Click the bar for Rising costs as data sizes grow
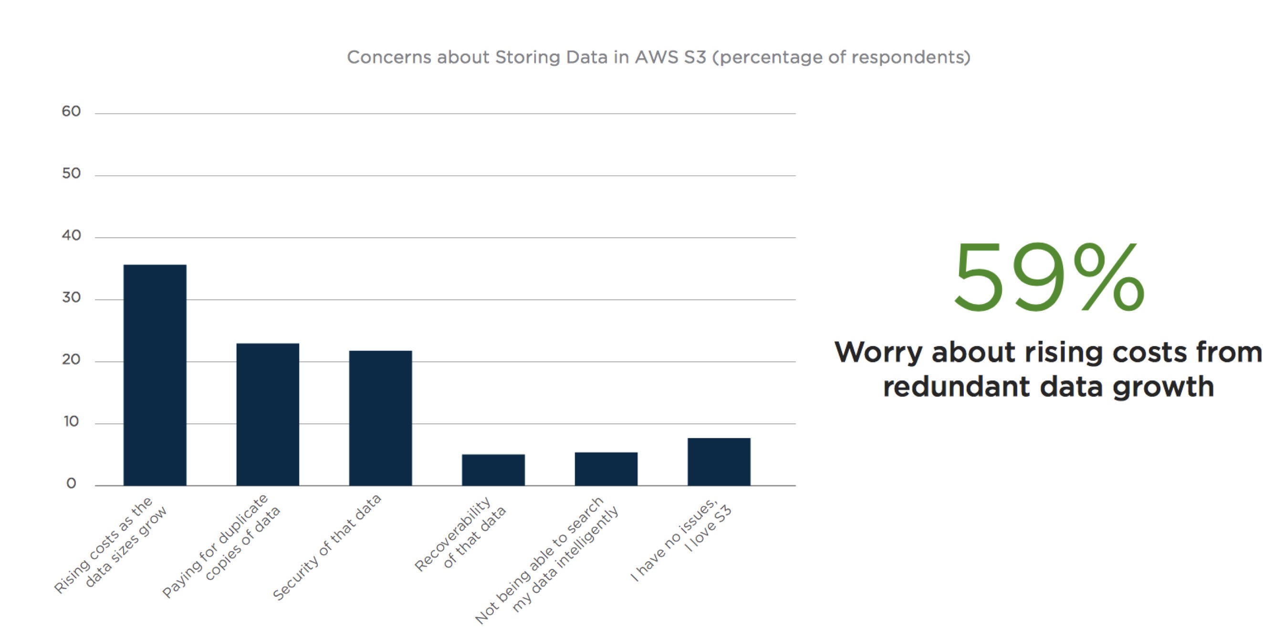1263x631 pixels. (155, 375)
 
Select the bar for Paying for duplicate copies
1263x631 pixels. (268, 414)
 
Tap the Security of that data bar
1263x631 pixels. (380, 418)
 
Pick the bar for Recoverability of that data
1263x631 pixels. (493, 470)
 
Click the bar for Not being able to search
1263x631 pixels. (606, 469)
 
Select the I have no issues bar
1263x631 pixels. (719, 462)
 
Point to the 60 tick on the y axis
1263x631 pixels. (71, 112)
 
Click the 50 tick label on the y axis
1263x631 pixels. (71, 174)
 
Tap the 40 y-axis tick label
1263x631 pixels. (71, 236)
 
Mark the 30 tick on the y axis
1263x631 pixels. (71, 298)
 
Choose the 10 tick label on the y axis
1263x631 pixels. (71, 421)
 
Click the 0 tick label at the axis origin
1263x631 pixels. (71, 484)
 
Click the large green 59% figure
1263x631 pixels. (1049, 278)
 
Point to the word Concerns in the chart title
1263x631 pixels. (389, 57)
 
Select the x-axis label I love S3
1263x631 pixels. (709, 529)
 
